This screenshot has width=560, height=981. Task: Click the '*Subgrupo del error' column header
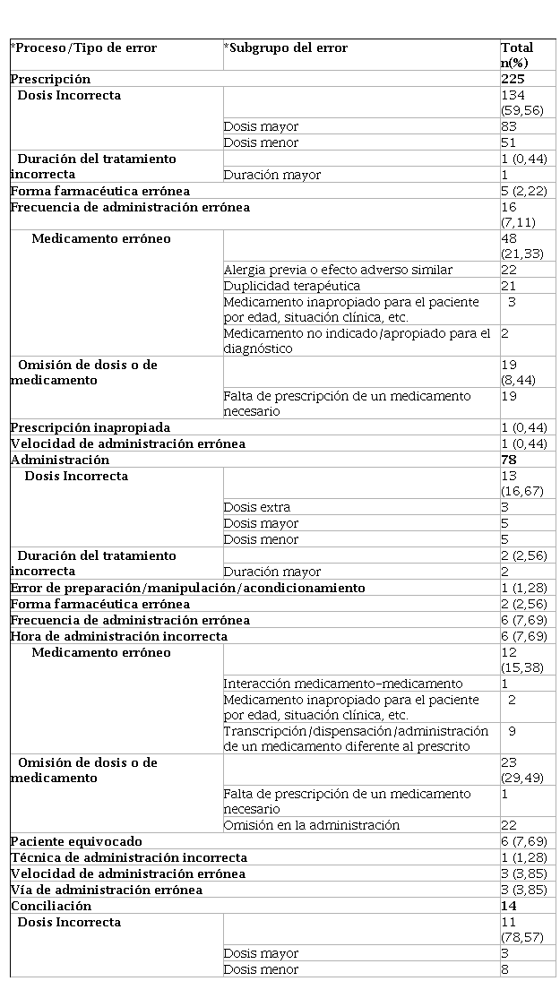pyautogui.click(x=286, y=47)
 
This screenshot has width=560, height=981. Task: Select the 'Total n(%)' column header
pyautogui.click(x=517, y=55)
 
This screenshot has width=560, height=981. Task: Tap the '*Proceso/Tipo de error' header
pyautogui.click(x=83, y=47)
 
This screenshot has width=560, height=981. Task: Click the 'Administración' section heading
pyautogui.click(x=60, y=460)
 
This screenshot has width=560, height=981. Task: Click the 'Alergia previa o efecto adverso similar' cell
pyautogui.click(x=338, y=270)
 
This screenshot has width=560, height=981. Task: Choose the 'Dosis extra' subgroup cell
pyautogui.click(x=257, y=507)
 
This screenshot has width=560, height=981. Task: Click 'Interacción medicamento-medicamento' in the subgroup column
pyautogui.click(x=343, y=684)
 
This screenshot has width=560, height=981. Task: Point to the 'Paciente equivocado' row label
pyautogui.click(x=76, y=841)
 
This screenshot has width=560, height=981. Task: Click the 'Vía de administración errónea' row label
pyautogui.click(x=107, y=890)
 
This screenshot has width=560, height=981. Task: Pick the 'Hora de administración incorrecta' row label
pyautogui.click(x=119, y=636)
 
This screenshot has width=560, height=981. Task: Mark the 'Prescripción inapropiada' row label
pyautogui.click(x=90, y=427)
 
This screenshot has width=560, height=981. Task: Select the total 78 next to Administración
pyautogui.click(x=510, y=460)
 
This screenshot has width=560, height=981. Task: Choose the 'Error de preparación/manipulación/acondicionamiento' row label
pyautogui.click(x=188, y=588)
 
